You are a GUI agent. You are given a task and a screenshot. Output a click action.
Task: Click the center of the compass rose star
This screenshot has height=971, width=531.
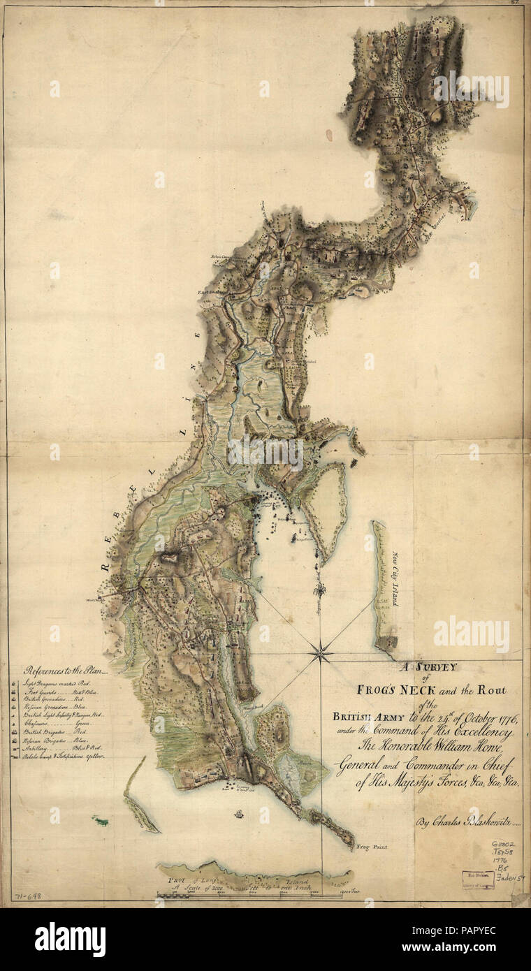tap(320, 654)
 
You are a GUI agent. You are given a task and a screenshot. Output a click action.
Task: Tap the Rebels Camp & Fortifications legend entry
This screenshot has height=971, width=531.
tap(64, 757)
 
